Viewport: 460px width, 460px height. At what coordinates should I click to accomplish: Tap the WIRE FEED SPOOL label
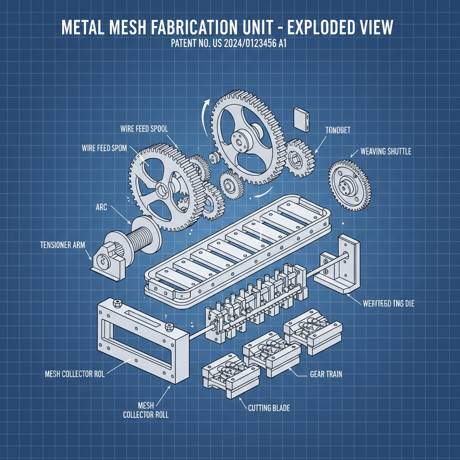point(144,129)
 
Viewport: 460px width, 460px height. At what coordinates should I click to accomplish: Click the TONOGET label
point(337,130)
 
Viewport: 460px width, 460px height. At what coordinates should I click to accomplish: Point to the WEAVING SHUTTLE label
point(385,151)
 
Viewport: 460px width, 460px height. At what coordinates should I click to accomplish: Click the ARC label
point(101,208)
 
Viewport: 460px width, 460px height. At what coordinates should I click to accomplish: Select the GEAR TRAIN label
point(326,374)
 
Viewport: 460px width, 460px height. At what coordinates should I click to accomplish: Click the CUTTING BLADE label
point(269,408)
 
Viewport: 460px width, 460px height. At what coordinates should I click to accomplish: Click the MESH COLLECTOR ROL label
point(75,374)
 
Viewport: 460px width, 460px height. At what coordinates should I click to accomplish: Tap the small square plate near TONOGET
point(300,118)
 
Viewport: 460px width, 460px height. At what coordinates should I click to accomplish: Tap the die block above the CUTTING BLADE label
point(230,374)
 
